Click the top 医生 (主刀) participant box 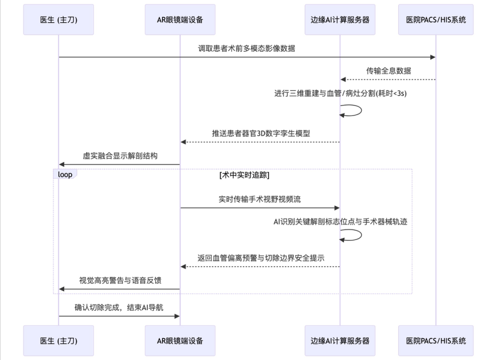pos(58,20)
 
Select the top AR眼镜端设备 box pos(180,20)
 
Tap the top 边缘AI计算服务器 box pos(340,20)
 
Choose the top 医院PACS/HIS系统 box pos(436,20)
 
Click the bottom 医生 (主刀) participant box pos(58,340)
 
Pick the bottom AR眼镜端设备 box pos(180,340)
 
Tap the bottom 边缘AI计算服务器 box pos(340,340)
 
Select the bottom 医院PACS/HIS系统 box pos(436,340)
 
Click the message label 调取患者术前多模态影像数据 pos(246,48)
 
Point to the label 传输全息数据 pos(388,71)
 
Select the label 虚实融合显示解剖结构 pos(120,156)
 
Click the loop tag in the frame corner pos(65,174)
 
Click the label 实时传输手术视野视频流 pos(260,199)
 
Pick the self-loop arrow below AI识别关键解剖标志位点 pos(354,234)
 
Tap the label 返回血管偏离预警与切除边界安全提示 pos(261,257)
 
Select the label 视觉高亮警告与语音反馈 pos(120,280)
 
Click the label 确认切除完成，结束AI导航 pos(119,307)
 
